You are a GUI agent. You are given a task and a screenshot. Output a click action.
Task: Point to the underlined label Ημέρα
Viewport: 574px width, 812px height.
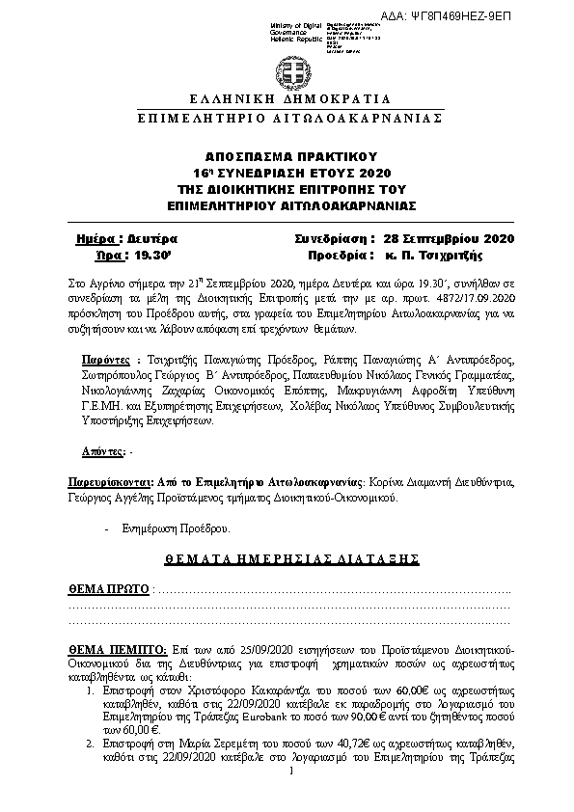(97, 238)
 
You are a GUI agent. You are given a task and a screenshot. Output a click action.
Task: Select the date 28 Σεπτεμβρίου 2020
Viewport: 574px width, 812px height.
(448, 238)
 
